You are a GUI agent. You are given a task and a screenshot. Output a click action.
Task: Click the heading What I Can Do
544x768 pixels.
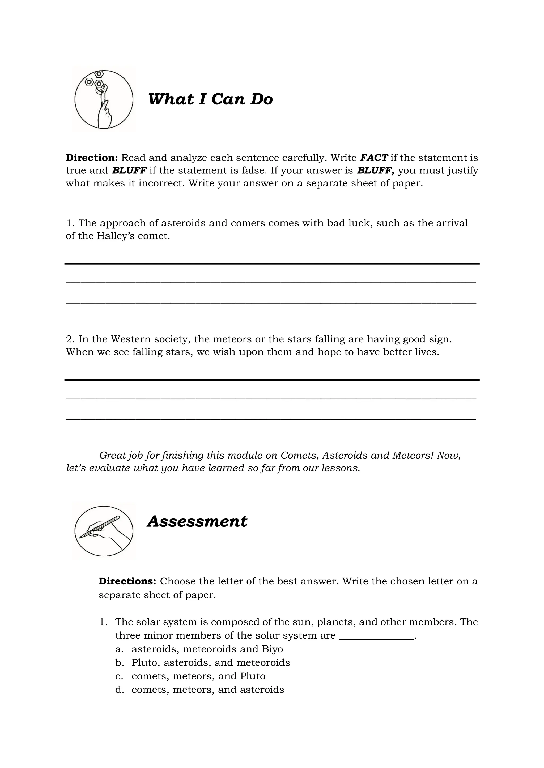click(210, 99)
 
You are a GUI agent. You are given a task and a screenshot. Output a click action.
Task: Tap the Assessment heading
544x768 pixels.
click(197, 521)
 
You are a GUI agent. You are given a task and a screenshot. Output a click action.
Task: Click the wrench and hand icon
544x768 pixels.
click(104, 99)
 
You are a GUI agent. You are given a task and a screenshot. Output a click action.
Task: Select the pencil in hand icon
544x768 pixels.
click(104, 531)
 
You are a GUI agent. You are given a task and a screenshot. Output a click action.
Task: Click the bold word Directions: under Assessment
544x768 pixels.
click(127, 581)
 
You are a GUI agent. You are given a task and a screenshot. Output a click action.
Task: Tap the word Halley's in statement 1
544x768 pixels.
click(116, 236)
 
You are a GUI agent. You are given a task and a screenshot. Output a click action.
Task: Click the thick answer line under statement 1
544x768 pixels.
click(272, 264)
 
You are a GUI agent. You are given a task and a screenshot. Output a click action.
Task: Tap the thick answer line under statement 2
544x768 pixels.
click(272, 380)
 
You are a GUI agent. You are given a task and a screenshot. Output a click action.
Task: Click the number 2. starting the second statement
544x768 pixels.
click(70, 339)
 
